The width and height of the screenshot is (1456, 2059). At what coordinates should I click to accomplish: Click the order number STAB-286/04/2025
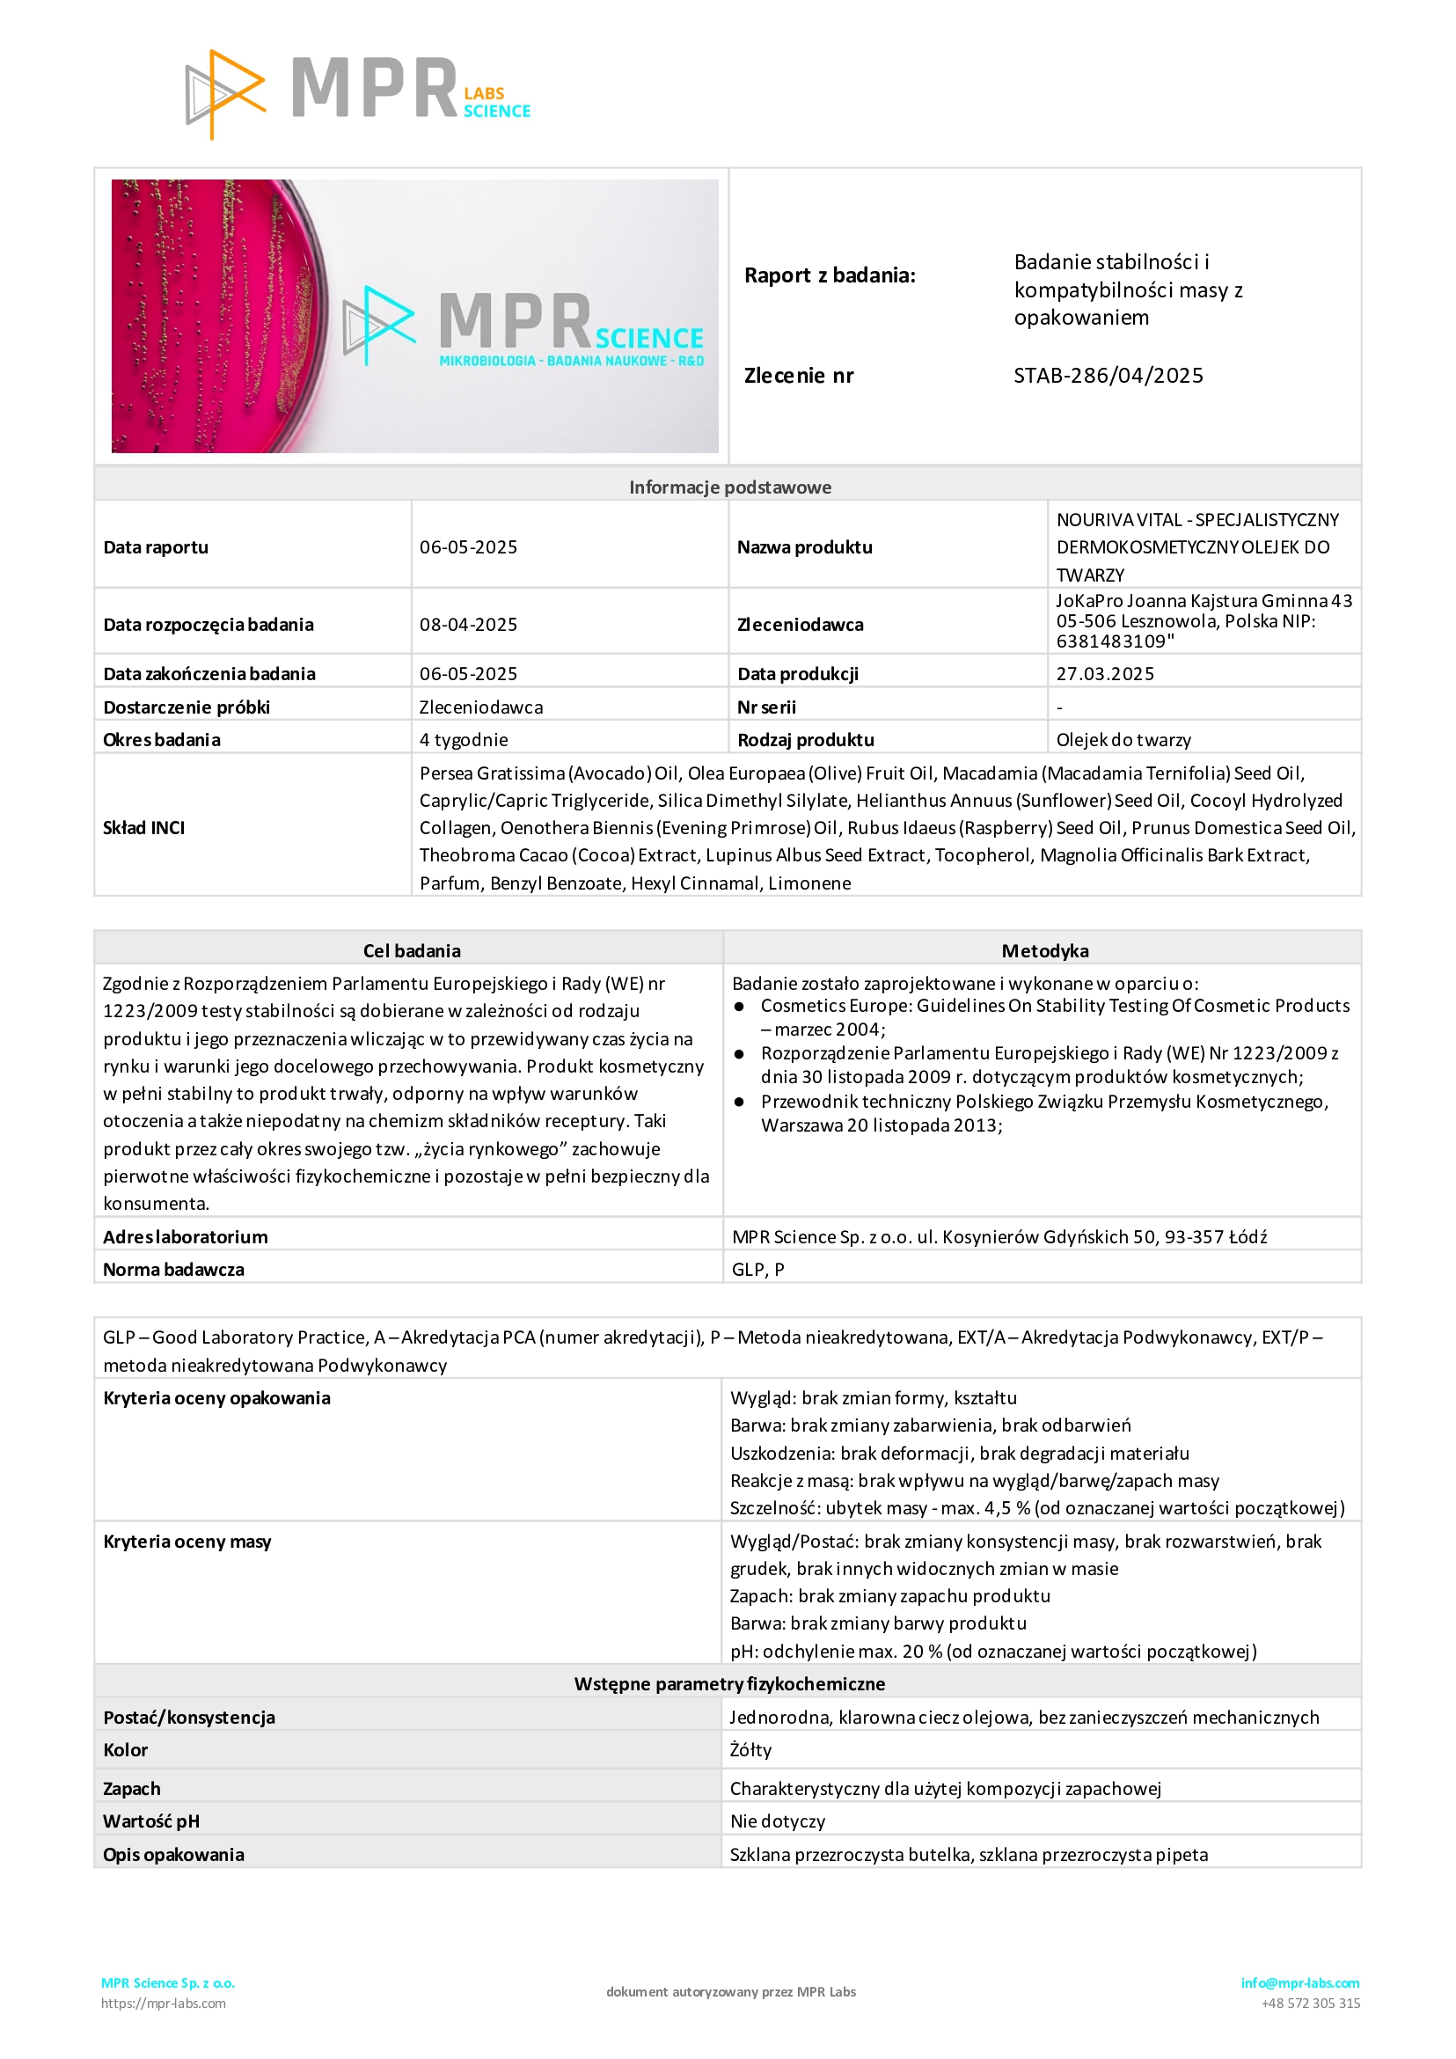(x=1108, y=376)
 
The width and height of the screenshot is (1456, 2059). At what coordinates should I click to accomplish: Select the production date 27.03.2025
(x=1105, y=673)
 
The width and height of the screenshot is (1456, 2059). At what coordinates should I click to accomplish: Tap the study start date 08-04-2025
(x=468, y=624)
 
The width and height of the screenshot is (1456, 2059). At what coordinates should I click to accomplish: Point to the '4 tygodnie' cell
(x=464, y=740)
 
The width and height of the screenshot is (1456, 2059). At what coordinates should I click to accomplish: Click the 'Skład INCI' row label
(x=144, y=828)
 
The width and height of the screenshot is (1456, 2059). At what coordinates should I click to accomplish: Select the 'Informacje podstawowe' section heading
(x=730, y=487)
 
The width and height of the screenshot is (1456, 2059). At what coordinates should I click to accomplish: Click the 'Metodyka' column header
(x=1044, y=950)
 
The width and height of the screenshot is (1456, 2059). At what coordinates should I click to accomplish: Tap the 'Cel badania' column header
(x=412, y=950)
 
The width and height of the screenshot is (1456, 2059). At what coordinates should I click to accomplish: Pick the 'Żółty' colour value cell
(x=751, y=1749)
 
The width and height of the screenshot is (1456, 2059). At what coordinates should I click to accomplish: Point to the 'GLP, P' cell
(x=757, y=1269)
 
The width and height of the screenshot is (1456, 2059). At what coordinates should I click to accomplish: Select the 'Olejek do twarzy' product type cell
(x=1123, y=740)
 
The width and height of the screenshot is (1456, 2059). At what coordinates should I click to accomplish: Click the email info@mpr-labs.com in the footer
(x=1299, y=1982)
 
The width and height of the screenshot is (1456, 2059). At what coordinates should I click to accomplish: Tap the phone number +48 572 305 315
(x=1310, y=2004)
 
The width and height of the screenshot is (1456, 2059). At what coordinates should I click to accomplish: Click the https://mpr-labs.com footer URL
(x=163, y=2004)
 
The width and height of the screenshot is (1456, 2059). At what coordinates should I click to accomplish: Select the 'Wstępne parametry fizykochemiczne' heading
(x=729, y=1683)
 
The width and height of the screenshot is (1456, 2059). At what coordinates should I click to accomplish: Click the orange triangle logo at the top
(x=224, y=94)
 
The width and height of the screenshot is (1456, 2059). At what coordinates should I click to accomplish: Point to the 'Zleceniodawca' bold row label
(x=800, y=624)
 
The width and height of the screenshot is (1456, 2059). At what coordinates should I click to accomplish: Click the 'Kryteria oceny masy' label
(x=187, y=1542)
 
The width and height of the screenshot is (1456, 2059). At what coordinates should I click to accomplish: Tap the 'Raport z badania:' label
(x=830, y=275)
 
